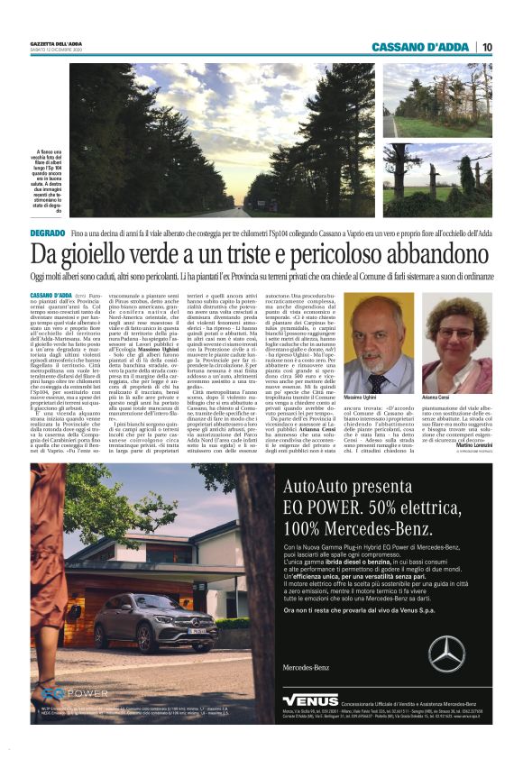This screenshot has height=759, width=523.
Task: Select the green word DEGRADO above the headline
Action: [47, 233]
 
